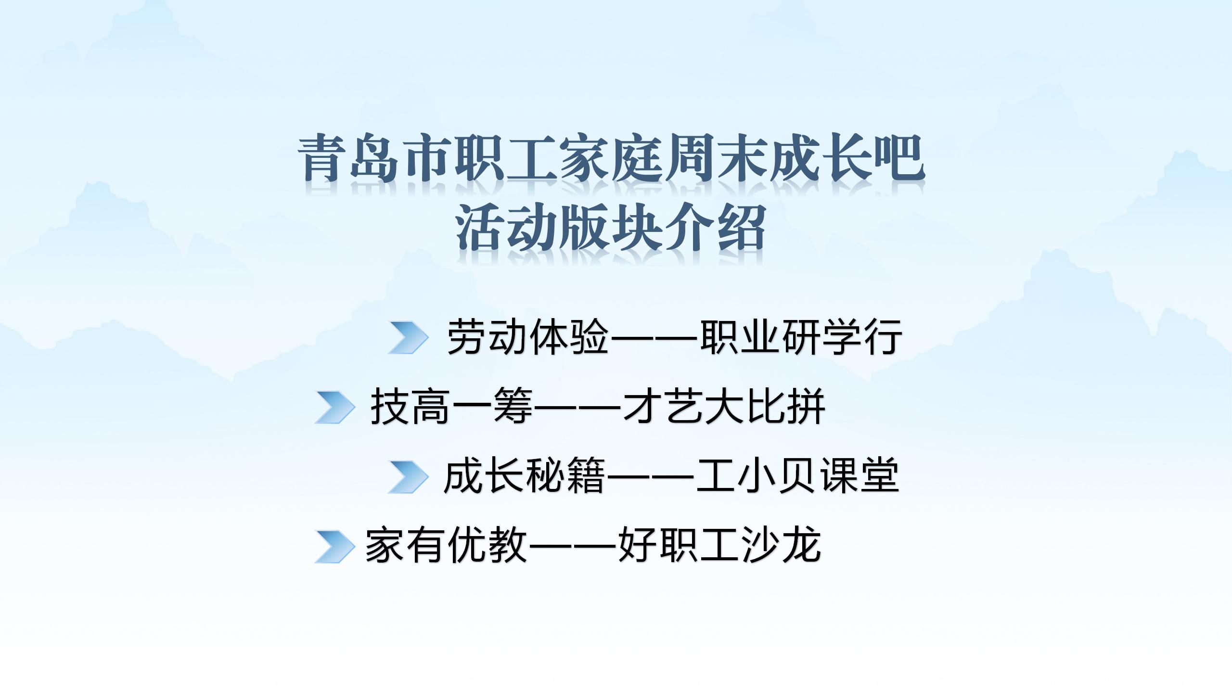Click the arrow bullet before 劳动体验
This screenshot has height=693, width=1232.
(408, 337)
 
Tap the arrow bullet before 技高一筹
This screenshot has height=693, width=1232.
(335, 407)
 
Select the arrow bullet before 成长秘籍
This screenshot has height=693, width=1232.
(408, 477)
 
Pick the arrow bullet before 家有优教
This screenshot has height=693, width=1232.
(335, 547)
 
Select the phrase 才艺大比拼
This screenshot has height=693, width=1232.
(724, 407)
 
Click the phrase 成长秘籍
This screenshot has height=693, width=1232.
(525, 476)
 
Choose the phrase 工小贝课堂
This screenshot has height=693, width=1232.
(797, 476)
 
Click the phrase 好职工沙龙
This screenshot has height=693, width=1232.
(719, 546)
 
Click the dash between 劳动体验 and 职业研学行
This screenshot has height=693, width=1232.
(654, 338)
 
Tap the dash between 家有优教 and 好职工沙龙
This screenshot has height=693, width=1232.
(573, 547)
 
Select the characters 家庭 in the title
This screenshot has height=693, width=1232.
(611, 158)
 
